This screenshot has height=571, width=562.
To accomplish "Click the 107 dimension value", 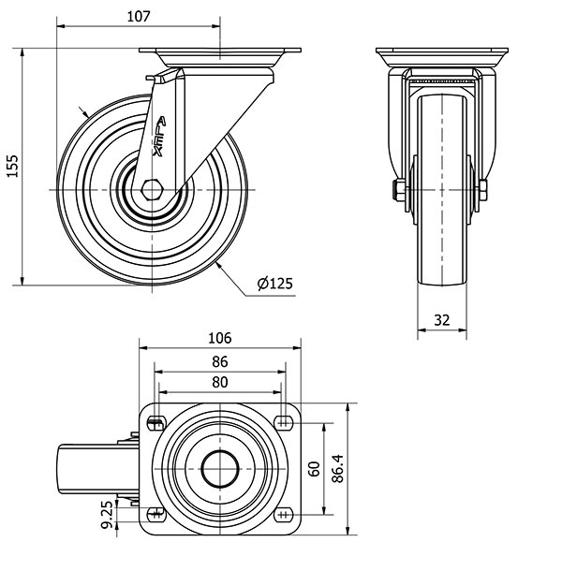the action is pyautogui.click(x=139, y=17).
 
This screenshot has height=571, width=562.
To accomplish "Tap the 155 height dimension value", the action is pyautogui.click(x=13, y=167).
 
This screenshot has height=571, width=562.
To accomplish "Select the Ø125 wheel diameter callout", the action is pyautogui.click(x=275, y=284).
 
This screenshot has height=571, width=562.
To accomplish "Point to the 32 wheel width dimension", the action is pyautogui.click(x=442, y=320).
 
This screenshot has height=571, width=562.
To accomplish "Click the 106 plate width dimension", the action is pyautogui.click(x=220, y=338).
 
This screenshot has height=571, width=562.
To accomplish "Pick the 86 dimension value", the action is pyautogui.click(x=220, y=361).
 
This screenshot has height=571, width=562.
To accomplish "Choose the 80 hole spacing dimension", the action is pyautogui.click(x=220, y=382).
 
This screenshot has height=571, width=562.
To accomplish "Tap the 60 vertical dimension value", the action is pyautogui.click(x=314, y=469).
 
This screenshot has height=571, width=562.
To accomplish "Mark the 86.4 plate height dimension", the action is pyautogui.click(x=338, y=469).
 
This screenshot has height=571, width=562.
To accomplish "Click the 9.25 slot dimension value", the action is pyautogui.click(x=108, y=514).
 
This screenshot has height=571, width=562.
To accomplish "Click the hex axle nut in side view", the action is pyautogui.click(x=151, y=190).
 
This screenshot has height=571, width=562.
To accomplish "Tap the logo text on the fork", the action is pyautogui.click(x=159, y=137).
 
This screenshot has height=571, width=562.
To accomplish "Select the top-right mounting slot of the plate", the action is pyautogui.click(x=285, y=423).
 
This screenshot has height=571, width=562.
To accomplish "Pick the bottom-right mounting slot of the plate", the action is pyautogui.click(x=285, y=515).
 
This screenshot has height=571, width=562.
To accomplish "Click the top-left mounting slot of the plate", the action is pyautogui.click(x=156, y=423).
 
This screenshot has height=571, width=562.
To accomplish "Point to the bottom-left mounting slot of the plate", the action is pyautogui.click(x=156, y=515).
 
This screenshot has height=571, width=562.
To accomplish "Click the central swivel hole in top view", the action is pyautogui.click(x=220, y=469).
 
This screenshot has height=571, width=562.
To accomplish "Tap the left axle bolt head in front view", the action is pyautogui.click(x=398, y=190).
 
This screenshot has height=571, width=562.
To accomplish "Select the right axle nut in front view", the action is pyautogui.click(x=483, y=190).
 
